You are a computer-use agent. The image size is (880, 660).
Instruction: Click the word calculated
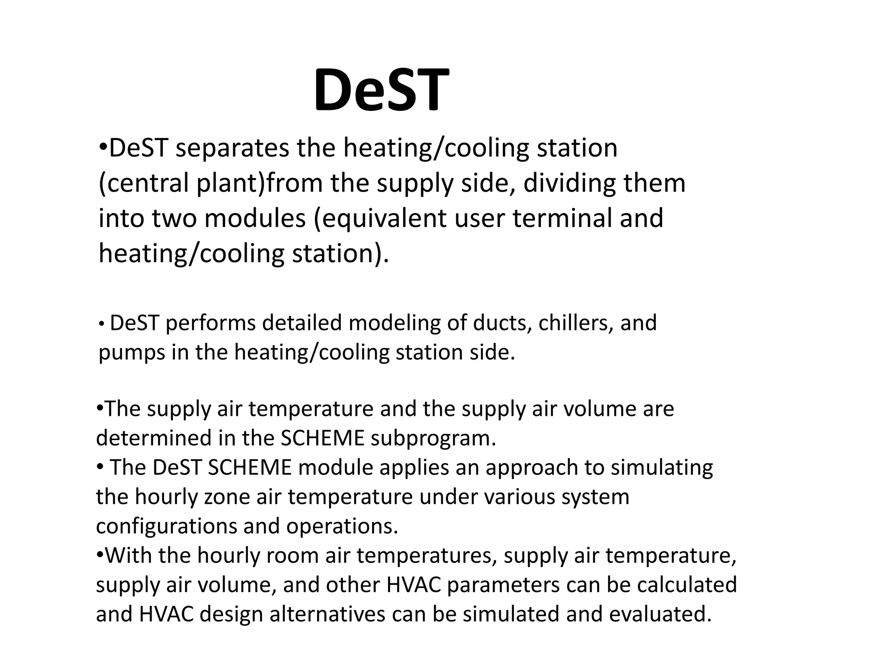point(687,585)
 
